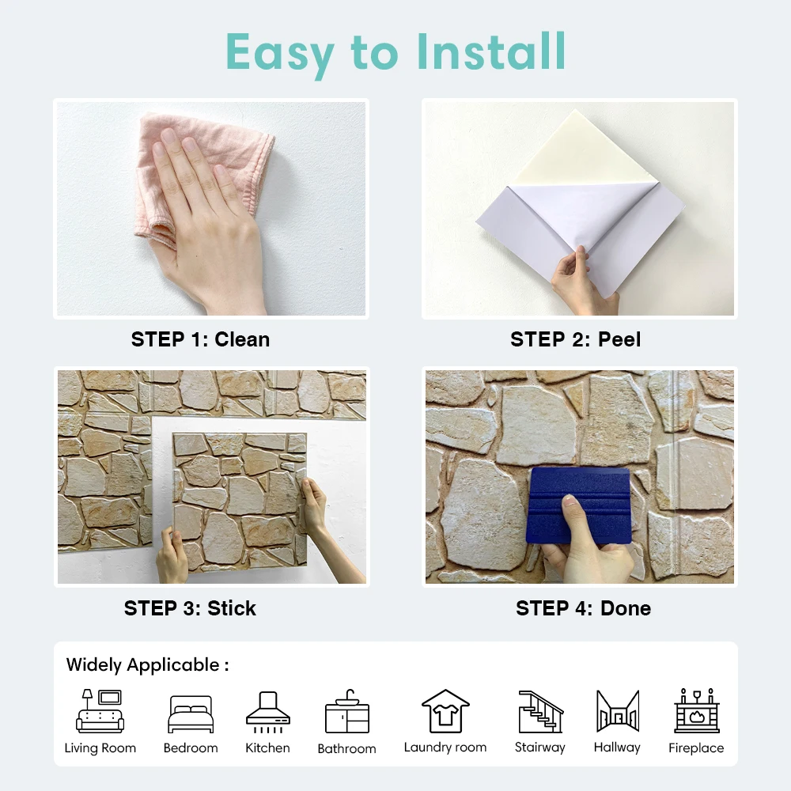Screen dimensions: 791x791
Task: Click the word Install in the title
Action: tap(492, 51)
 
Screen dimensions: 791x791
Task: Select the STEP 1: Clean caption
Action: tap(200, 339)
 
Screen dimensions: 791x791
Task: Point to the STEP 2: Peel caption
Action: tap(575, 339)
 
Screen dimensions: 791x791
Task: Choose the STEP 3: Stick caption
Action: tap(190, 608)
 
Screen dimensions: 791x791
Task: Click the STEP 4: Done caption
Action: tap(583, 608)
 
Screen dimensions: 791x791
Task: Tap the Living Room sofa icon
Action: tap(100, 711)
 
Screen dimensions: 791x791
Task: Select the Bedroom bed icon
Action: tap(191, 714)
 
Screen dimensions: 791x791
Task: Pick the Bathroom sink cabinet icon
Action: tap(346, 712)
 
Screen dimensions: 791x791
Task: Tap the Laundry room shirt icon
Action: tap(445, 711)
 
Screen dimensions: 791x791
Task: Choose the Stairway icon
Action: tap(540, 711)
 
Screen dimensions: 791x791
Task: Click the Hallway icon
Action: tap(617, 711)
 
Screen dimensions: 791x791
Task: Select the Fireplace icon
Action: tap(696, 711)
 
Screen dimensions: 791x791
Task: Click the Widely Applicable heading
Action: tap(147, 665)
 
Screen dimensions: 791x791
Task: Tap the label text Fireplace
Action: tap(696, 748)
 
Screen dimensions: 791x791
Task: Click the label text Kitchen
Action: tap(267, 748)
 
